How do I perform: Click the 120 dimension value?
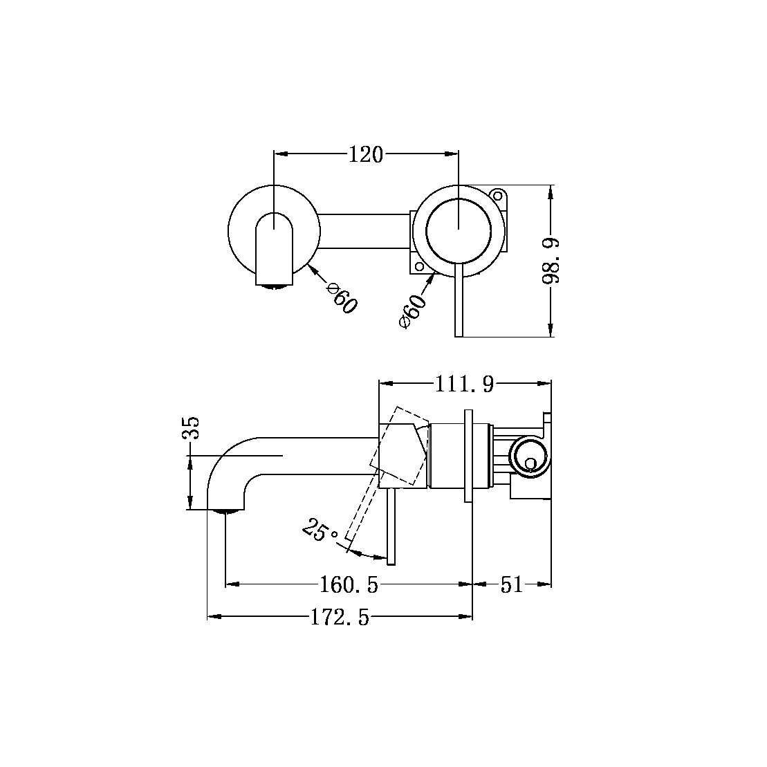[x=366, y=155]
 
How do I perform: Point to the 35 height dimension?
[x=191, y=428]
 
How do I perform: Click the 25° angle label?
[x=320, y=531]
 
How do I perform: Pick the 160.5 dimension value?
[x=349, y=585]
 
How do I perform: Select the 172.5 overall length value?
[x=340, y=617]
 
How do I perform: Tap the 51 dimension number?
[x=511, y=585]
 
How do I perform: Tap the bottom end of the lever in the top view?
[x=459, y=333]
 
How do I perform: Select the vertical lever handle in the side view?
[x=391, y=526]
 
